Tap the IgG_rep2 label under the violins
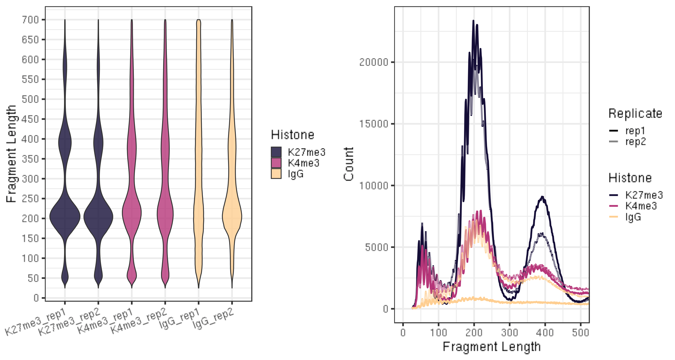click(213, 318)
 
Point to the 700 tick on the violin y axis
click(30, 20)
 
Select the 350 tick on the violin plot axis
click(30, 159)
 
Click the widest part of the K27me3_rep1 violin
click(65, 217)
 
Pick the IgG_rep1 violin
click(199, 157)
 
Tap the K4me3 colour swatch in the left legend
click(276, 163)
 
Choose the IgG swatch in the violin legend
click(276, 174)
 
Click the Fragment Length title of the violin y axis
click(11, 154)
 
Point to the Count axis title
click(349, 164)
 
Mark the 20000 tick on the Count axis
click(374, 62)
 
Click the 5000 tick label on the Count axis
click(377, 247)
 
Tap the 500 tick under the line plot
click(580, 333)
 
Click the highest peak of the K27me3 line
click(473, 21)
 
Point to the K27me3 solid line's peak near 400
click(542, 197)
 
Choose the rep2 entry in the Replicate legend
click(635, 142)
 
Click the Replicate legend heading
click(635, 113)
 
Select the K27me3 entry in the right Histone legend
click(644, 195)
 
